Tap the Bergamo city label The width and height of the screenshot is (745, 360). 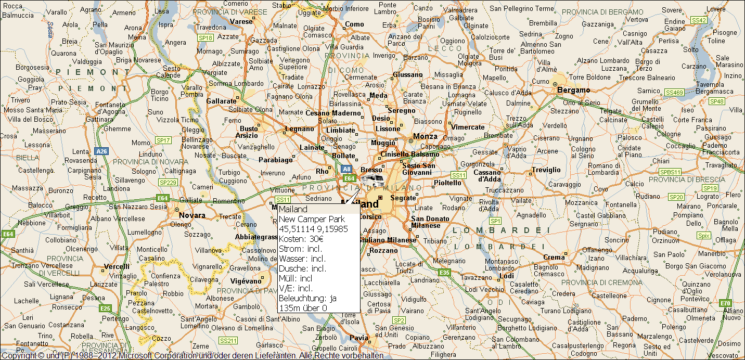coord(573,90)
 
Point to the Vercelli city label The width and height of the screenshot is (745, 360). coord(117,266)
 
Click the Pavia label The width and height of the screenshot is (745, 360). coord(359,338)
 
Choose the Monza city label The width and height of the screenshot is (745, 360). coord(425,136)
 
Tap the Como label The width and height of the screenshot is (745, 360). coord(354,24)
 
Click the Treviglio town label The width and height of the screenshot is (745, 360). coord(546,170)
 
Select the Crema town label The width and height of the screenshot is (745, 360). coord(554,257)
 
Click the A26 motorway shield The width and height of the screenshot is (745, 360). coord(101,151)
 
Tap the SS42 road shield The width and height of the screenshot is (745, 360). coord(699,20)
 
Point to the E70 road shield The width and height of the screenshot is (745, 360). coord(725,303)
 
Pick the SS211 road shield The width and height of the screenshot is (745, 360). coord(228,341)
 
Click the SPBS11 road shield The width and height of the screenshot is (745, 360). coord(670,172)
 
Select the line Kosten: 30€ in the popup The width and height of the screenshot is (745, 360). coord(301,239)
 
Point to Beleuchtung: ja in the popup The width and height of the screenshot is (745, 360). coord(308,298)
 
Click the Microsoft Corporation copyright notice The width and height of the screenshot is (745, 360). coord(192,356)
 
